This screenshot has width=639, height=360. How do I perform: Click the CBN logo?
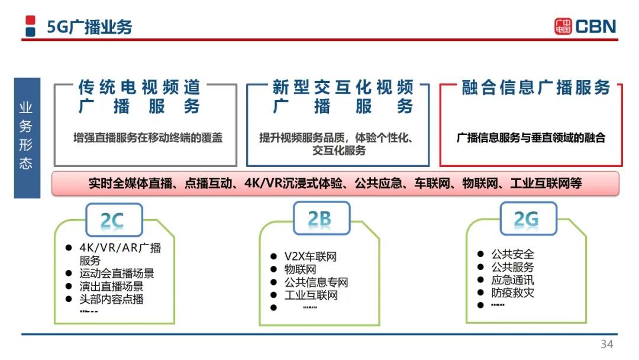[x=585, y=27]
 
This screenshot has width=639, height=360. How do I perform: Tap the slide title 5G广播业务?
[x=90, y=27]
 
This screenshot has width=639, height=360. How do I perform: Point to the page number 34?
[x=607, y=344]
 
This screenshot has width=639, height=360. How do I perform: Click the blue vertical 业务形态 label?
[x=27, y=138]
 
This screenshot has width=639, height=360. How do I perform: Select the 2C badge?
[x=114, y=220]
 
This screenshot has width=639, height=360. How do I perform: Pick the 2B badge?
[x=321, y=218]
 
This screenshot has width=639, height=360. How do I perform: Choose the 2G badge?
[x=528, y=218]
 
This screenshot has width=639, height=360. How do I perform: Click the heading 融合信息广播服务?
[x=536, y=88]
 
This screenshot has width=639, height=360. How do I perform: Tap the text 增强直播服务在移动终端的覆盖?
[x=148, y=138]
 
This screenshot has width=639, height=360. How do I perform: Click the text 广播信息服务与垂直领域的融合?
[x=531, y=138]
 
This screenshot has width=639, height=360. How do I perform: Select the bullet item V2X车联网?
[x=311, y=256]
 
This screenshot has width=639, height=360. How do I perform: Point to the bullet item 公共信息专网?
[x=316, y=282]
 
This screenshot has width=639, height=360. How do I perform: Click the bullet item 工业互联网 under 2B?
[x=311, y=295]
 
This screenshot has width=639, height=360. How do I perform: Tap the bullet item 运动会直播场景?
[x=117, y=273]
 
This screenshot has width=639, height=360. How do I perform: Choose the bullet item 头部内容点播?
[x=111, y=299]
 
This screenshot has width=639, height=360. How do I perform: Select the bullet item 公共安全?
[x=512, y=254]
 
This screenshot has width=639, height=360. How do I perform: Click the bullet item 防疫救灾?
[x=512, y=292]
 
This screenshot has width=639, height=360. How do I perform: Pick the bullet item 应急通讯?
[x=512, y=279]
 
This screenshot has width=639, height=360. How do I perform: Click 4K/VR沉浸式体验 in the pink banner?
[x=293, y=184]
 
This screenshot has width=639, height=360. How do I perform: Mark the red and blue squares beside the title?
[x=30, y=26]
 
